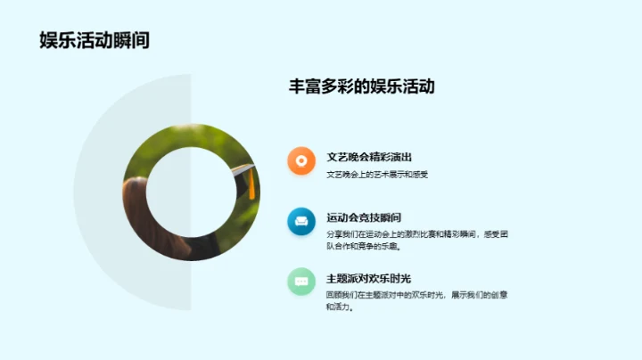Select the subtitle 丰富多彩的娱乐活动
(x=361, y=87)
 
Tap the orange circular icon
(x=301, y=160)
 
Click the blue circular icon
(x=301, y=221)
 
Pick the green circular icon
(x=301, y=281)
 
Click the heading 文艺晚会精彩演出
(x=369, y=157)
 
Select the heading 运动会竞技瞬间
(x=364, y=217)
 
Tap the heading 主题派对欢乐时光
(x=369, y=278)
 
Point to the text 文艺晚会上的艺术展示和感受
(x=377, y=175)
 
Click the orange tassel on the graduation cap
(x=251, y=184)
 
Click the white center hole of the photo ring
(x=191, y=192)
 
